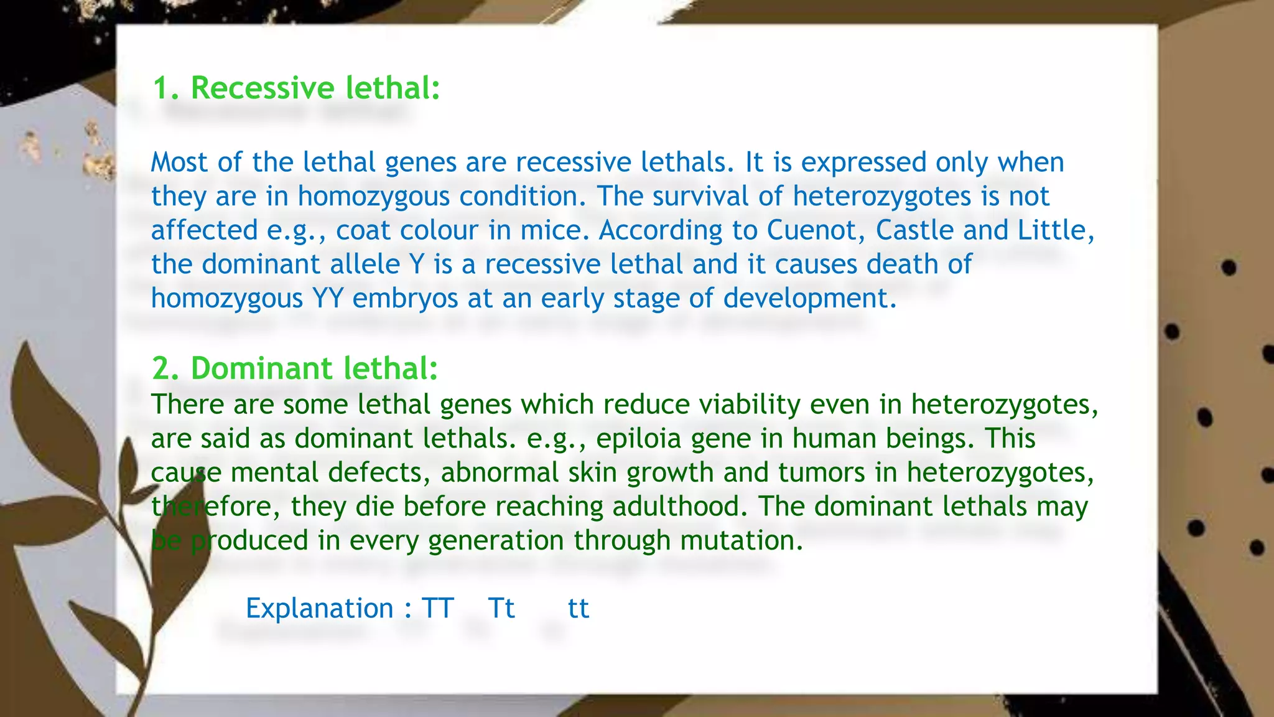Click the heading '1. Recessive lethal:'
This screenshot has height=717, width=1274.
[296, 88]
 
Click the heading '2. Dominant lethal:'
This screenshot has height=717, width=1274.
[295, 368]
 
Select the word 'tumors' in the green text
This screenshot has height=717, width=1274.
[821, 472]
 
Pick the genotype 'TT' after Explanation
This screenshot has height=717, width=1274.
[438, 608]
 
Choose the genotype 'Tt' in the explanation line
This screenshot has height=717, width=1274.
[501, 608]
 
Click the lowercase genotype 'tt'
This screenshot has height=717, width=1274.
[578, 608]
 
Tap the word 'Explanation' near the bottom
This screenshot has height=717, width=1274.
[319, 608]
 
